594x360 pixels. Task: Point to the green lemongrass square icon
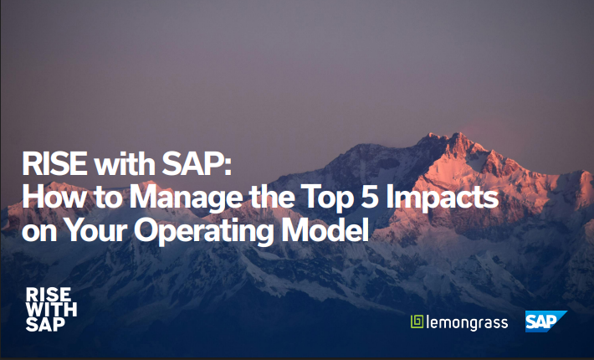tap(417, 321)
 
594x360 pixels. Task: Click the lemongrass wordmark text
tap(468, 322)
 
